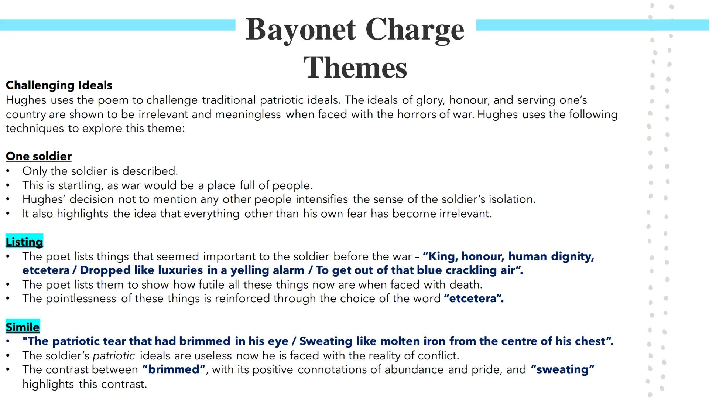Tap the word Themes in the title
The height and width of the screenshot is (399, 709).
pyautogui.click(x=355, y=68)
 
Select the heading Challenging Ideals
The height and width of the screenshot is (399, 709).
pyautogui.click(x=59, y=85)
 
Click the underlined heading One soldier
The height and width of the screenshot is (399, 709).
pyautogui.click(x=38, y=156)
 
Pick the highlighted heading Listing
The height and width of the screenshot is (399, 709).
pyautogui.click(x=24, y=242)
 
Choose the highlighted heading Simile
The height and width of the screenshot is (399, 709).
pyautogui.click(x=23, y=327)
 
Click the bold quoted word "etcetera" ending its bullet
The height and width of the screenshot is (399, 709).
pyautogui.click(x=474, y=299)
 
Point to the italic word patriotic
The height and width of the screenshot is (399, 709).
pyautogui.click(x=114, y=356)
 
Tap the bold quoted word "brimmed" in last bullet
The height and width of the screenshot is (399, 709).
pyautogui.click(x=174, y=370)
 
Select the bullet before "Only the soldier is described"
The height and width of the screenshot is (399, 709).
pyautogui.click(x=8, y=171)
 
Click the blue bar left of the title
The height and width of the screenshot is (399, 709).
pyautogui.click(x=117, y=25)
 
